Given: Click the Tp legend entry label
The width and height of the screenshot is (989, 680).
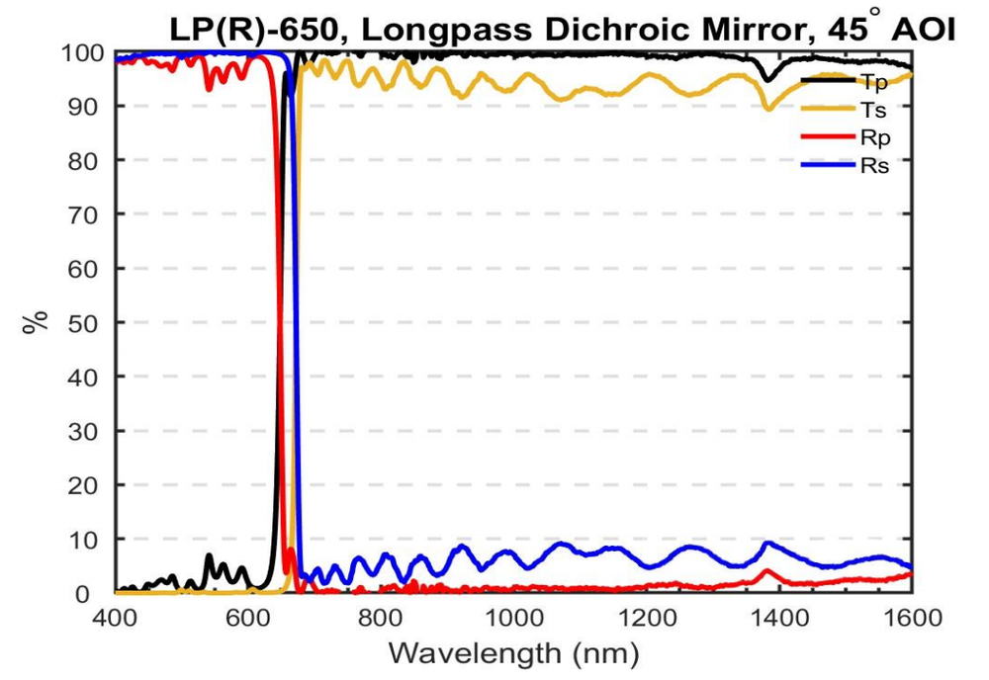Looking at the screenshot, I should pos(874,82).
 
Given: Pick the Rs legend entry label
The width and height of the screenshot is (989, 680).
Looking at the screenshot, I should pos(875,165).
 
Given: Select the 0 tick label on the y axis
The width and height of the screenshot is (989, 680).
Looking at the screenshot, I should pos(97,594).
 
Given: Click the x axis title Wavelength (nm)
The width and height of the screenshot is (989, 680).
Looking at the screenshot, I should pos(513,653).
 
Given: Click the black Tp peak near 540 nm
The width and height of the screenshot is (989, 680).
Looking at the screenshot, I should pos(209,556).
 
